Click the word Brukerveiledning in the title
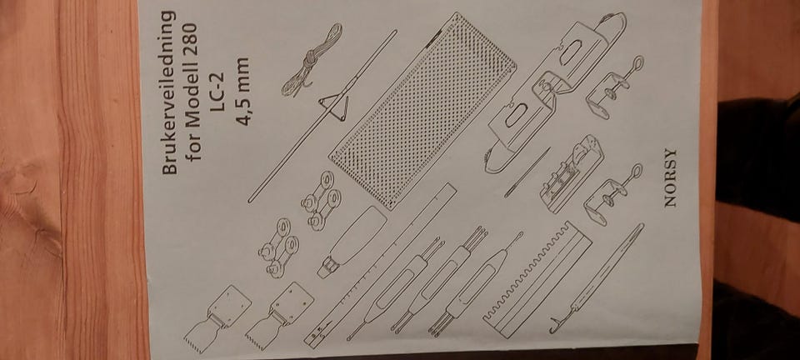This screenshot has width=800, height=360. (x=169, y=92)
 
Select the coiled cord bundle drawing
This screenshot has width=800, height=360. (x=312, y=60)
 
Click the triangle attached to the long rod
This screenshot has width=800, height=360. (x=334, y=104)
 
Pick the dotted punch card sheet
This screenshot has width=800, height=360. (x=422, y=111)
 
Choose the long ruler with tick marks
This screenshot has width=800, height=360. (x=380, y=265)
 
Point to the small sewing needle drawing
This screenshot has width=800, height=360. (x=527, y=172)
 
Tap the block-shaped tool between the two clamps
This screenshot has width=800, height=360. (x=572, y=173)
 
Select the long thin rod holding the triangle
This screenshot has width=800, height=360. (x=322, y=117)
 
